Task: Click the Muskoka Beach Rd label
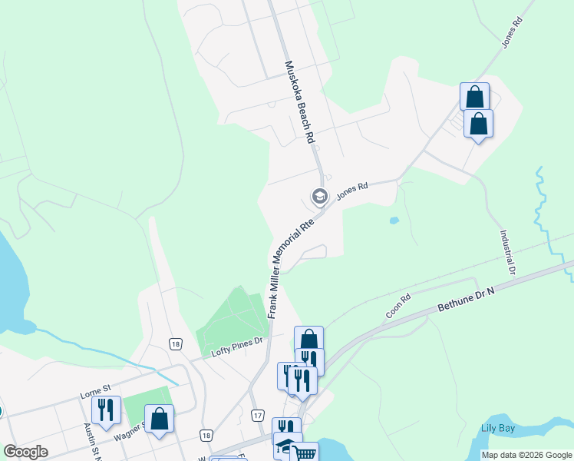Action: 300,102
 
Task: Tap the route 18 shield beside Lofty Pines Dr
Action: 176,343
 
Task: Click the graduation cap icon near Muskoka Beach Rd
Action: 319,197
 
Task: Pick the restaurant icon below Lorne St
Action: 106,410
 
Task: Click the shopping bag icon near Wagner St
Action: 159,419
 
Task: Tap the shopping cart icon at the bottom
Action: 305,453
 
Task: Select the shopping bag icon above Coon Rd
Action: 308,339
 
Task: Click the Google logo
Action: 25,452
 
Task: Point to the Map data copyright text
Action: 526,455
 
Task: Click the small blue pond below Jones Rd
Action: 394,221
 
